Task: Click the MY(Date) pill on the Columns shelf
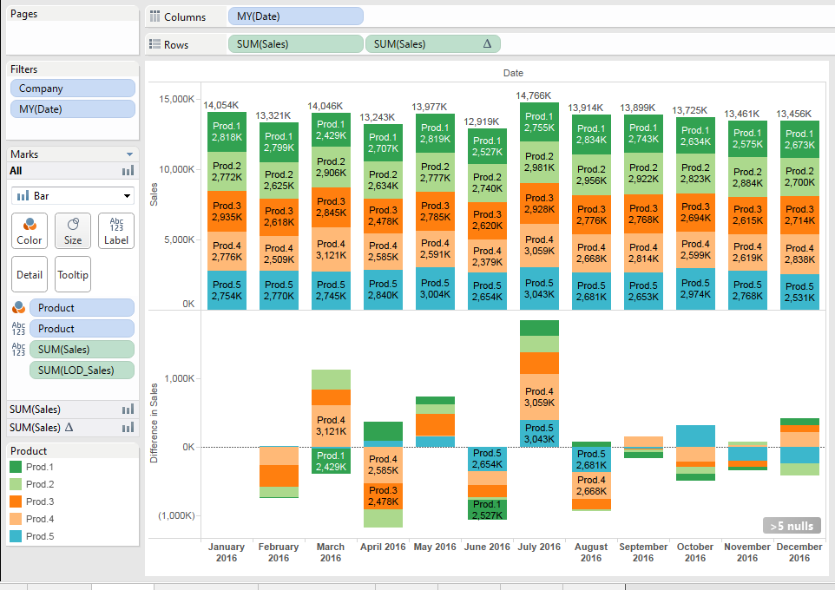(x=295, y=16)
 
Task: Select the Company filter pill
(x=73, y=88)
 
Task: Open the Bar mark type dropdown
(x=73, y=196)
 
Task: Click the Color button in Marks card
(x=30, y=231)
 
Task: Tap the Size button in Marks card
(x=73, y=231)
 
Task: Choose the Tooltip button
(x=73, y=274)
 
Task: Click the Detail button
(x=30, y=274)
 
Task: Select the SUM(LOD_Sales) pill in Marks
(x=82, y=370)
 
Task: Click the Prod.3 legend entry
(x=40, y=501)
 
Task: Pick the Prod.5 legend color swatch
(x=16, y=536)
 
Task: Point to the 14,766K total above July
(x=533, y=95)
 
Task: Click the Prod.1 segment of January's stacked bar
(x=227, y=132)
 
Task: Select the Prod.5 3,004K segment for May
(x=435, y=288)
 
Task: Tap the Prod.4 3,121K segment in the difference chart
(x=331, y=426)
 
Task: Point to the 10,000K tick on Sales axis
(x=176, y=168)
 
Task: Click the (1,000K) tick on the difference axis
(x=176, y=515)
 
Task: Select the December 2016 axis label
(x=799, y=552)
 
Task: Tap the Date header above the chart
(x=513, y=73)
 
